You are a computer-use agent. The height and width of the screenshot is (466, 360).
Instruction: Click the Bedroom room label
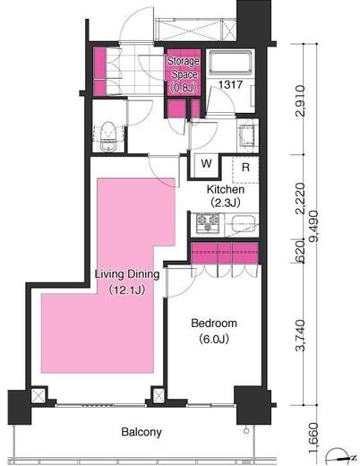pos(214,323)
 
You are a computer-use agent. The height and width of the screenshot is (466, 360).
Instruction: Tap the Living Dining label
pos(127,274)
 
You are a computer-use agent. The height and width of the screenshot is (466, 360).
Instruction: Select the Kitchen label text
pos(226,189)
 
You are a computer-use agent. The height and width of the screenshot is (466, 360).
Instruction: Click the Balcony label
pos(141,432)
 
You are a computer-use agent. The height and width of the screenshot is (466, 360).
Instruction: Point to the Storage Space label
pos(184,68)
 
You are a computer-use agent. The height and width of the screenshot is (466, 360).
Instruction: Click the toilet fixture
pos(107,136)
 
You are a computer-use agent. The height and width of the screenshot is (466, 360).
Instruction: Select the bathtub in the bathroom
pos(230,63)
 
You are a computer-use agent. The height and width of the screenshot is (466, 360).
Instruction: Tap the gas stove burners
pos(208,223)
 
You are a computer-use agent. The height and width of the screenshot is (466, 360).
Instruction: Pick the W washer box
pos(206,163)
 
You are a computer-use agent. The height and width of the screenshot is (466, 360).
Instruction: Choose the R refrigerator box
pos(245,168)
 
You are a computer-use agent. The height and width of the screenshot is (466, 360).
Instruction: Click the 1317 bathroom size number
pos(230,85)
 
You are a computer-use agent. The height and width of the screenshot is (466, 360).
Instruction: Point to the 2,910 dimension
pos(300,100)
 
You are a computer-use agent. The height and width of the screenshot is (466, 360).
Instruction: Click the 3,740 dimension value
pos(300,335)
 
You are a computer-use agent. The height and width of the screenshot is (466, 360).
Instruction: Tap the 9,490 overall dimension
pos(313,226)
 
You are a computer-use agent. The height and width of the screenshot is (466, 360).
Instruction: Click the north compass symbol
pos(340,457)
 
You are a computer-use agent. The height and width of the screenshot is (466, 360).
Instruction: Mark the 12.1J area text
pos(126,289)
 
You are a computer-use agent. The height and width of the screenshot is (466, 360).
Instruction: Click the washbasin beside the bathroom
pos(248,134)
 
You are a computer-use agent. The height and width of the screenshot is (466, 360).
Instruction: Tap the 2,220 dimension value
pos(300,198)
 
